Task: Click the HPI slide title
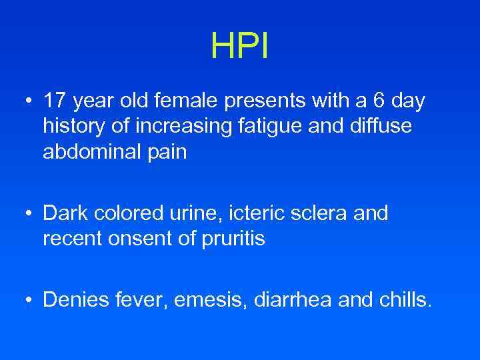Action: [x=239, y=45]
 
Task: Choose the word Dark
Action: [x=65, y=214]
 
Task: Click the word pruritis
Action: [x=233, y=239]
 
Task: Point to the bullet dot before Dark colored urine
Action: [x=27, y=215]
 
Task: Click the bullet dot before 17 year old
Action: [x=27, y=103]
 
